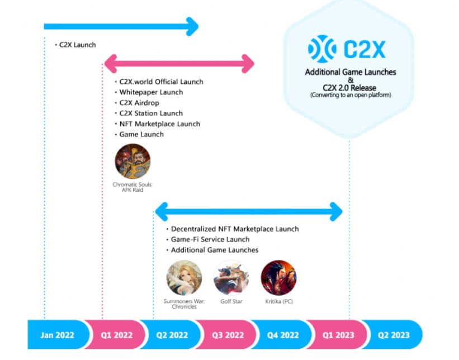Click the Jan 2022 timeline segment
coord(58,335)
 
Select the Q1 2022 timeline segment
coord(116,335)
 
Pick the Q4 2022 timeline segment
coord(281,335)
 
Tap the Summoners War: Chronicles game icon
coord(184,277)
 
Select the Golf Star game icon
coord(231,277)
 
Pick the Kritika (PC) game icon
coord(278,277)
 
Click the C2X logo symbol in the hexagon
coord(321,49)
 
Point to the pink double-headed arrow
coord(179,63)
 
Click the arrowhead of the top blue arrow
coord(192,26)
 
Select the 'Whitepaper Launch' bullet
coord(151,92)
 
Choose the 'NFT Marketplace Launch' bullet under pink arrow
coord(159,124)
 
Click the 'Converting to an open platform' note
coord(351,96)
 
